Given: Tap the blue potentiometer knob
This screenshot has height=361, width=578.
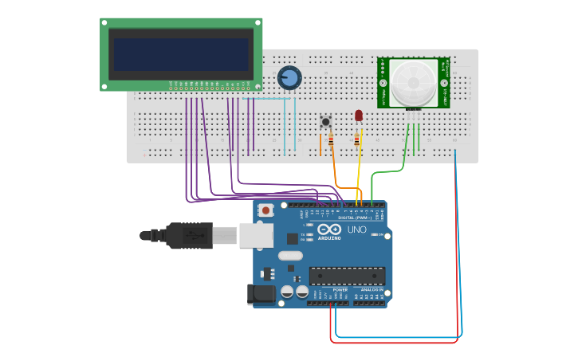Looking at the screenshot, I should pyautogui.click(x=289, y=77).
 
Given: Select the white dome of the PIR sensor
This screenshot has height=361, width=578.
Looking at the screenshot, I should pyautogui.click(x=413, y=80).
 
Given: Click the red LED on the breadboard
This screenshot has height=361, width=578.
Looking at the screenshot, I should pyautogui.click(x=359, y=116).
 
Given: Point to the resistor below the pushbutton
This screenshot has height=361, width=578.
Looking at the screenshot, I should pyautogui.click(x=331, y=143).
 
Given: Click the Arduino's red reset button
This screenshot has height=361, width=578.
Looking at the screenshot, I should pyautogui.click(x=265, y=210).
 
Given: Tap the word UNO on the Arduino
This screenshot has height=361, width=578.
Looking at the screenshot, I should pyautogui.click(x=357, y=230).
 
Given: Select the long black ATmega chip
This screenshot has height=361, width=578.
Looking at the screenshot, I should pyautogui.click(x=347, y=276).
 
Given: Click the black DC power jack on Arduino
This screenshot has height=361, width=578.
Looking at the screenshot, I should pyautogui.click(x=261, y=293).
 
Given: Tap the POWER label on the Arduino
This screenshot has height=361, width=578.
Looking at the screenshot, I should pyautogui.click(x=328, y=289).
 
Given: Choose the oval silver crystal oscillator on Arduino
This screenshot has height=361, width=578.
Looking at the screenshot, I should pyautogui.click(x=290, y=257).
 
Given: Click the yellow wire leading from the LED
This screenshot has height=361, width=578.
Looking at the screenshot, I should pyautogui.click(x=359, y=171).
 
